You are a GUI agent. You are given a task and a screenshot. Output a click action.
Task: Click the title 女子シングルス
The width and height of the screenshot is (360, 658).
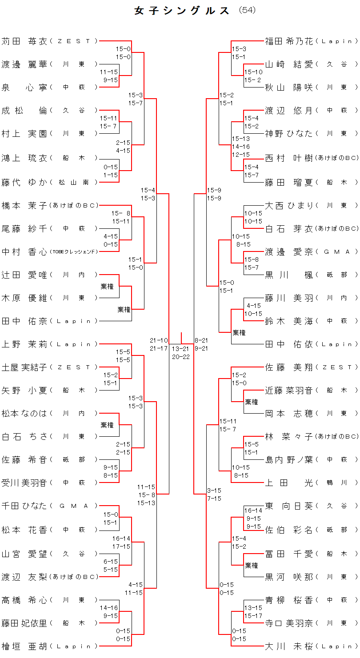pyautogui.click(x=182, y=11)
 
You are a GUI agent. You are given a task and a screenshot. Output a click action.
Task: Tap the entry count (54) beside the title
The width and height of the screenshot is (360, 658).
pyautogui.click(x=247, y=10)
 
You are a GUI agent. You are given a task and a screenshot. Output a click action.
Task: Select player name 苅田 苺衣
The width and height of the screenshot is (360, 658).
pyautogui.click(x=24, y=41)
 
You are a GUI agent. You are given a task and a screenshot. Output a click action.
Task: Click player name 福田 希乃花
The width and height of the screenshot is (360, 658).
pyautogui.click(x=289, y=41)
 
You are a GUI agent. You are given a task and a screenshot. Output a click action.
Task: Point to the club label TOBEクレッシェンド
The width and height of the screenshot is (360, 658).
pyautogui.click(x=73, y=251)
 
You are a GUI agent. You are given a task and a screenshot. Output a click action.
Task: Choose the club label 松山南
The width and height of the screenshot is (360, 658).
pyautogui.click(x=73, y=182)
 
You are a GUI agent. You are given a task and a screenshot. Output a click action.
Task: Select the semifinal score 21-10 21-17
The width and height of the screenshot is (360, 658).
pyautogui.click(x=159, y=344)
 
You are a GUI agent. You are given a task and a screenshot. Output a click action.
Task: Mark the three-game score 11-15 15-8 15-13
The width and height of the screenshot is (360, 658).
pyautogui.click(x=146, y=495)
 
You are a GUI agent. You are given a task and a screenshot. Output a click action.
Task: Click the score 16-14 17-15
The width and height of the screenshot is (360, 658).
pyautogui.click(x=121, y=542)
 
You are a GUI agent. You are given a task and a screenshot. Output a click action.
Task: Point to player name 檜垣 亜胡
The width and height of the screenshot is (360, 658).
pyautogui.click(x=24, y=646)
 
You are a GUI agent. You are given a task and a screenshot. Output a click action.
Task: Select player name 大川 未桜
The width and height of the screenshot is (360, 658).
pyautogui.click(x=289, y=646)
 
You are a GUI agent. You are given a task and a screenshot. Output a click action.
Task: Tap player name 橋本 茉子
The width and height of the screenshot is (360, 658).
pyautogui.click(x=24, y=205)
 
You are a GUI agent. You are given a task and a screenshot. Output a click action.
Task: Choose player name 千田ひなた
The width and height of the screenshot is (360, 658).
pyautogui.click(x=24, y=506)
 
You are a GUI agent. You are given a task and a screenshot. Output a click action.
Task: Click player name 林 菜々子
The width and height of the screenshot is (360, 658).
pyautogui.click(x=289, y=436)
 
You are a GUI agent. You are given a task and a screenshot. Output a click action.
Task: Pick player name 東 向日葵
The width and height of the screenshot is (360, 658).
pyautogui.click(x=289, y=506)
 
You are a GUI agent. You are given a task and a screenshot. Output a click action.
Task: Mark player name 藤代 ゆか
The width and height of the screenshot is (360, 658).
pyautogui.click(x=24, y=182)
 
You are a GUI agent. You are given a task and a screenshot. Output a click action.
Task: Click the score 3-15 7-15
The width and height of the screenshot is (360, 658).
pyautogui.click(x=214, y=494)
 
